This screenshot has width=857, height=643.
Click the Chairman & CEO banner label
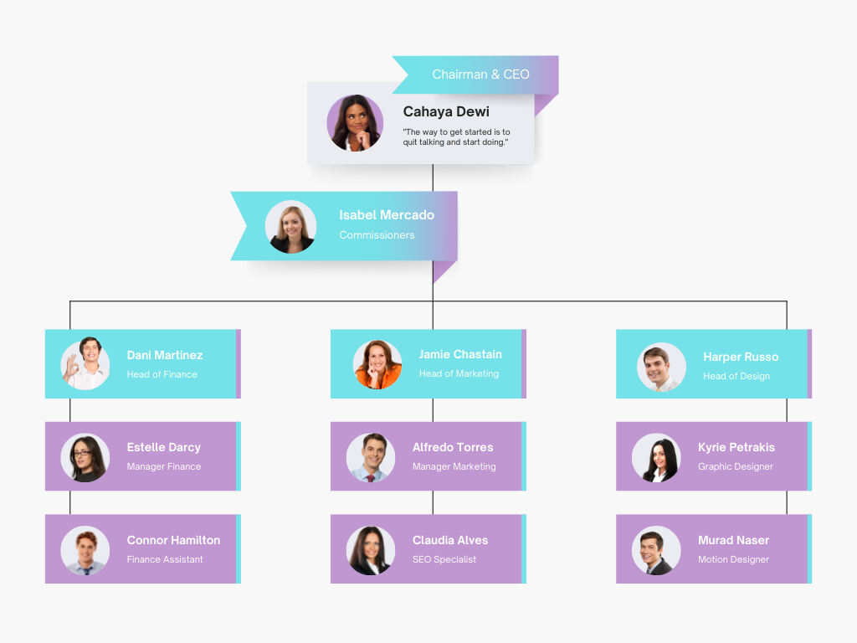coord(480,75)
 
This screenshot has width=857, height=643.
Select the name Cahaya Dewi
coord(446,111)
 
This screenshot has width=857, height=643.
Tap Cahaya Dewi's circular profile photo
coord(355,123)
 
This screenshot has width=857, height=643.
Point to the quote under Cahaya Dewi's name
coord(456,136)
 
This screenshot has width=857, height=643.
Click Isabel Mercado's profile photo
coord(290,226)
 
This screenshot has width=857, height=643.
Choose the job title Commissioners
coord(377,234)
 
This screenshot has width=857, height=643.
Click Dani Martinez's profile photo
coord(85,363)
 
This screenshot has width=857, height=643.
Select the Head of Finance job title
coord(162,374)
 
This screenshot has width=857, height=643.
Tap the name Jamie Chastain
coord(460,354)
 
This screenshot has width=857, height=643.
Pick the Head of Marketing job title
coord(459,373)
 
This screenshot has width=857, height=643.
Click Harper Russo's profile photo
coord(661,367)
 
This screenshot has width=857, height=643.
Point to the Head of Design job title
coord(736,376)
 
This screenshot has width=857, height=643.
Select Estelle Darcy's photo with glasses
coord(85,458)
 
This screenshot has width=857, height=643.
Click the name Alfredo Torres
coord(453,447)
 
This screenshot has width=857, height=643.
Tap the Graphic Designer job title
coord(735,466)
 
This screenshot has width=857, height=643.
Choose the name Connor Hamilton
coord(173,540)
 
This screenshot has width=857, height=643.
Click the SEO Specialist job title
coord(444,559)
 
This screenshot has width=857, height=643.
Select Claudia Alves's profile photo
coord(371,551)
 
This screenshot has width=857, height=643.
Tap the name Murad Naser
coord(733,540)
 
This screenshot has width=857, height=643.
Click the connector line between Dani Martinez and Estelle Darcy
coord(70,410)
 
